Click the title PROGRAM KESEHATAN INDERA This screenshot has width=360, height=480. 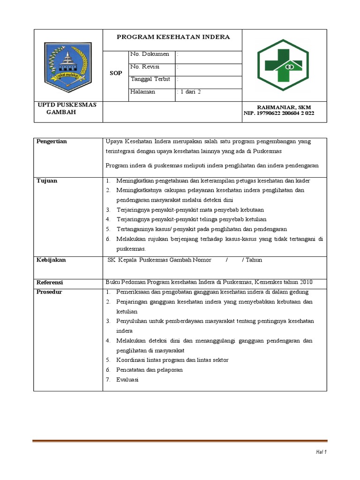tap(173, 37)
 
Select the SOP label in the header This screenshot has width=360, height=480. tap(115, 74)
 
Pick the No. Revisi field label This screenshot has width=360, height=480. tap(145, 67)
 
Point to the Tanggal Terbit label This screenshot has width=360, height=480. tap(150, 79)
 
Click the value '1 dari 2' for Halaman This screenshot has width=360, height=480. tap(189, 92)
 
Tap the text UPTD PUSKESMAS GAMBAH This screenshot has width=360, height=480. tap(67, 109)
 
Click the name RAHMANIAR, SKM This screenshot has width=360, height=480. tap(284, 107)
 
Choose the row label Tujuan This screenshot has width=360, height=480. tap(47, 180)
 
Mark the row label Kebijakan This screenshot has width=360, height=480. tap(51, 260)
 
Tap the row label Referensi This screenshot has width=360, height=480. tap(50, 283)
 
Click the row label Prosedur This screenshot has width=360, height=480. tap(50, 292)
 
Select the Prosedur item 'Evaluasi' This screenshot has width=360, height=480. tap(127, 380)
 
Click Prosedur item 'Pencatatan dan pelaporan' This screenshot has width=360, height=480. tap(150, 370)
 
